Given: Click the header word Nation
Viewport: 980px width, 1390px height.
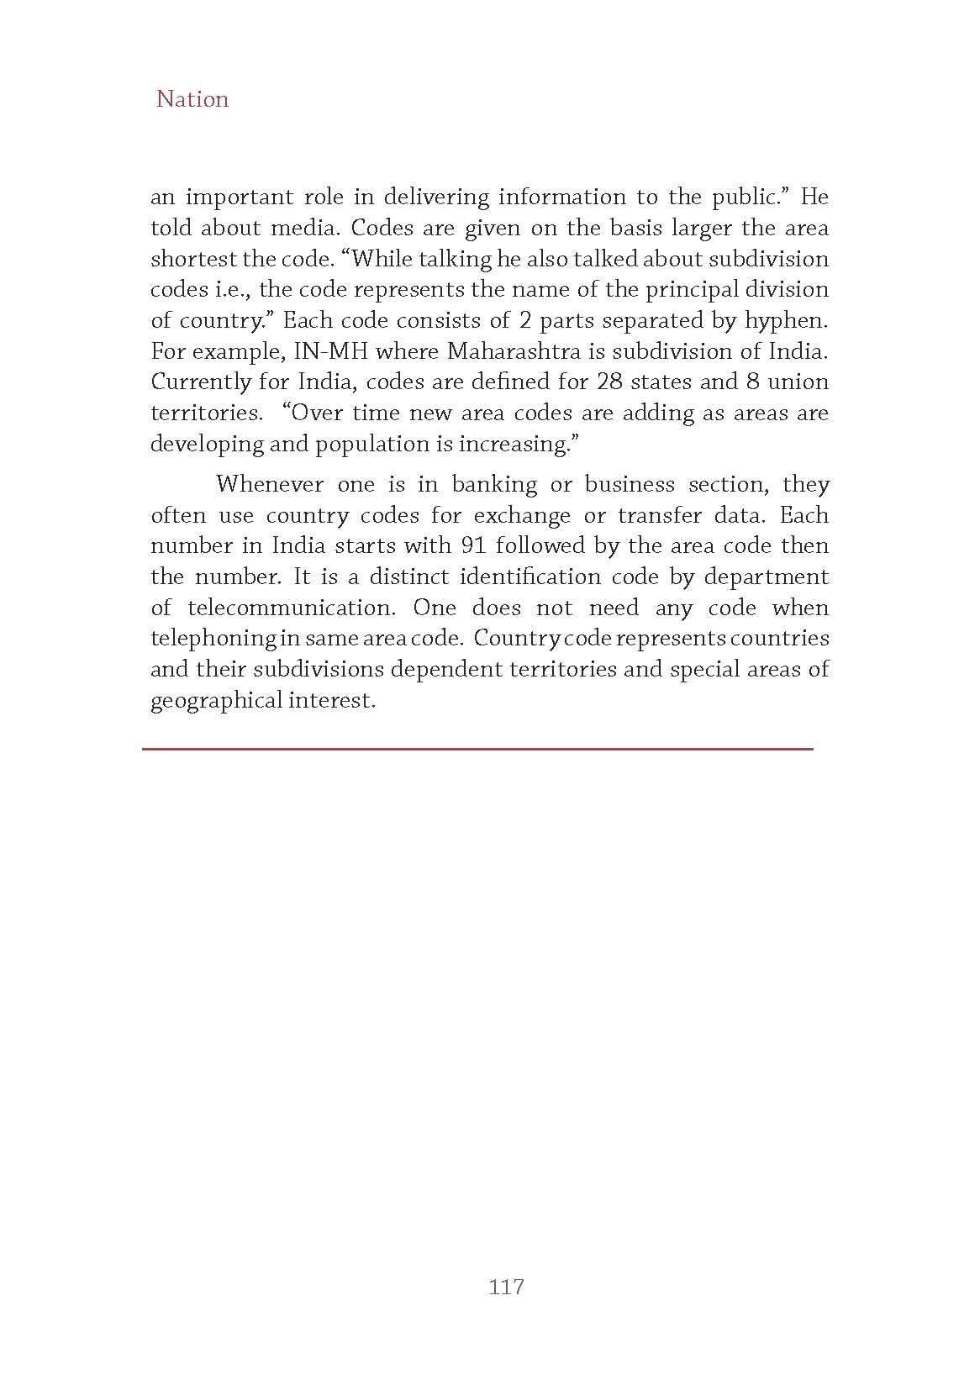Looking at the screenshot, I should [192, 99].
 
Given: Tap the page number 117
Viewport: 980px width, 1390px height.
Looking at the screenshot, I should [506, 1287].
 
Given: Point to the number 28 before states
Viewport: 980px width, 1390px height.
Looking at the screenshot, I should [609, 382].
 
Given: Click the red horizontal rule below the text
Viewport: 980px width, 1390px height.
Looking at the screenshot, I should [477, 748].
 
